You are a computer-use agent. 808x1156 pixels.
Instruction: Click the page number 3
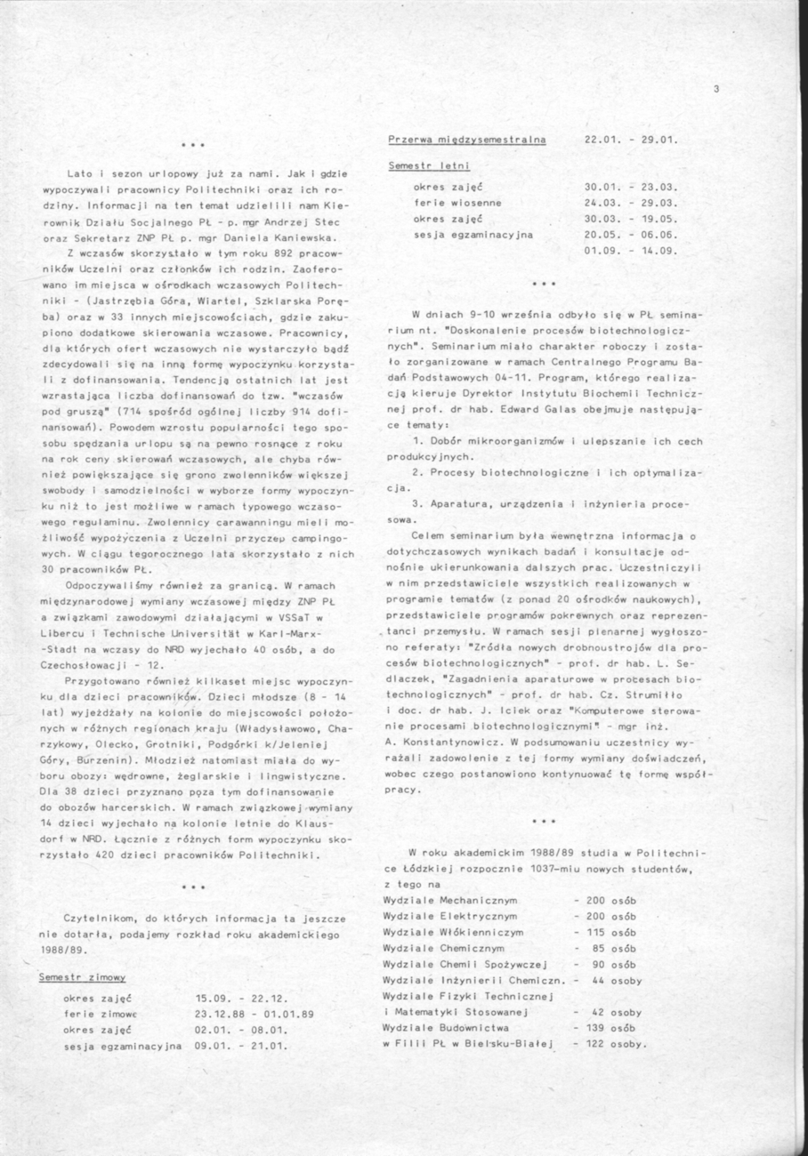coord(715,88)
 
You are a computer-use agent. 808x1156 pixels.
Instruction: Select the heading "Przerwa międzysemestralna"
coord(467,140)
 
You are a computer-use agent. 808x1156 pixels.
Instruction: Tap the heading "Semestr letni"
coord(430,166)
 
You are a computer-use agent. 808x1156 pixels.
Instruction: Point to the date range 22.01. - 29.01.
coord(631,140)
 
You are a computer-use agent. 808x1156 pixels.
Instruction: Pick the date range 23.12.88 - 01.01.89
coord(255,1013)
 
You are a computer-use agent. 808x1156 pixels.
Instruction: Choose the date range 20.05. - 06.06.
coord(631,235)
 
